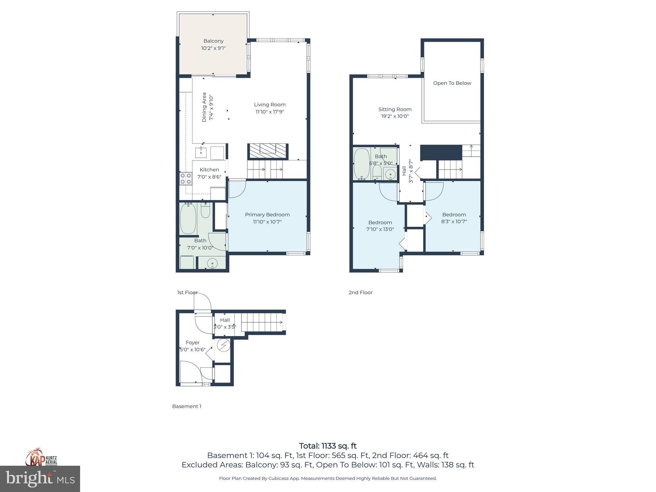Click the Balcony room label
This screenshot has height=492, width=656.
pyautogui.click(x=213, y=41)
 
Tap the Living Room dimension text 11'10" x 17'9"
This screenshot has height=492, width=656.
pyautogui.click(x=270, y=112)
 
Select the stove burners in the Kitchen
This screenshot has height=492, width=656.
pyautogui.click(x=186, y=178)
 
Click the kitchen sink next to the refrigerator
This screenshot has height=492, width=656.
pyautogui.click(x=201, y=152)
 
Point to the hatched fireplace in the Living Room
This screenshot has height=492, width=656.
pyautogui.click(x=267, y=151)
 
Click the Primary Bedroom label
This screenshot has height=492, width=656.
pyautogui.click(x=267, y=215)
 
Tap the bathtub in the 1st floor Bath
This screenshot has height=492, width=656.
pyautogui.click(x=188, y=219)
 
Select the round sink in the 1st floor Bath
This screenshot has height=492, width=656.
pyautogui.click(x=212, y=264)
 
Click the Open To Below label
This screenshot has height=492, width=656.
pyautogui.click(x=452, y=83)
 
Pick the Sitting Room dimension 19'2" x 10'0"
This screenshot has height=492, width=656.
pyautogui.click(x=395, y=116)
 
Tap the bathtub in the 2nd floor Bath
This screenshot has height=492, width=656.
pyautogui.click(x=362, y=163)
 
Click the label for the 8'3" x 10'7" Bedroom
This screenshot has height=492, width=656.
pyautogui.click(x=454, y=215)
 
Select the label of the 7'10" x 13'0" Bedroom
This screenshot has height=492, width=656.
pyautogui.click(x=380, y=222)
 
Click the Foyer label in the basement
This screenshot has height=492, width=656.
pyautogui.click(x=193, y=342)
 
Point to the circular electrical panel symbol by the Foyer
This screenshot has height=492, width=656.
pyautogui.click(x=223, y=345)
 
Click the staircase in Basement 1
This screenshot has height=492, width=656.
pyautogui.click(x=261, y=322)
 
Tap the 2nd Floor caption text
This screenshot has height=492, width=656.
pyautogui.click(x=360, y=292)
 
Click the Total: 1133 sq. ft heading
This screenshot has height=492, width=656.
pyautogui.click(x=328, y=446)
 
